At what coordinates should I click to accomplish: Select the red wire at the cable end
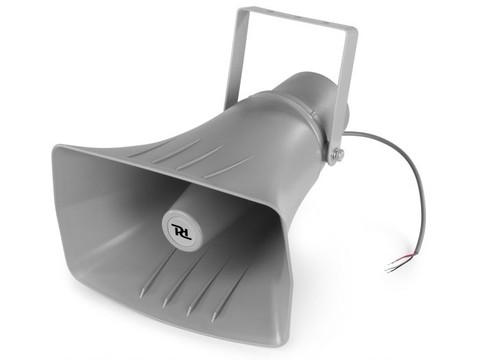(x=396, y=261)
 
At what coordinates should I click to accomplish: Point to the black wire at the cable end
(x=392, y=268)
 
